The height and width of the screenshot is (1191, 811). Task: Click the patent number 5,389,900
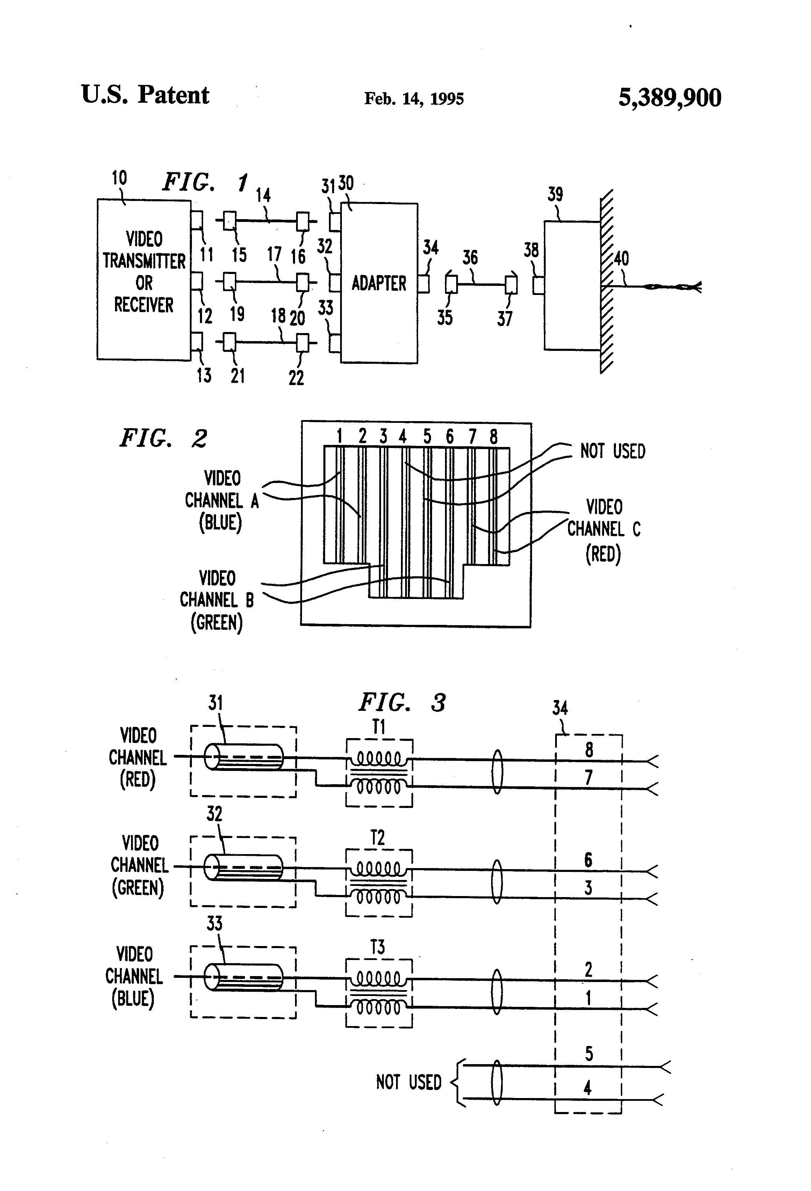669,98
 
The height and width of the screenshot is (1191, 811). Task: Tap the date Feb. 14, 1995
414,99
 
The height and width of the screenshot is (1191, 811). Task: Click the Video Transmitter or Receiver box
144,279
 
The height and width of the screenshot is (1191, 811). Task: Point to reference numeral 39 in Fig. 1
555,194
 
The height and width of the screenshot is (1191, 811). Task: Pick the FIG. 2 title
163,438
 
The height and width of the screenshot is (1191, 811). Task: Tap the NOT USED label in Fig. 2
612,452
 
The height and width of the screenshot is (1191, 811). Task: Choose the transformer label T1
378,727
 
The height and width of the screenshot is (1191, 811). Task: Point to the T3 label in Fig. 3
378,947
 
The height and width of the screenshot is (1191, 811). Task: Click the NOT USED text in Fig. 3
409,1082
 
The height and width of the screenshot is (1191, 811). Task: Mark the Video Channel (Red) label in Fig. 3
137,757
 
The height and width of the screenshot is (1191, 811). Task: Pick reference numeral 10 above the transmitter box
120,178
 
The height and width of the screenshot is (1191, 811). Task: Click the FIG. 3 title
402,702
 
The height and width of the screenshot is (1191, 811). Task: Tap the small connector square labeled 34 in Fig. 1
423,284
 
